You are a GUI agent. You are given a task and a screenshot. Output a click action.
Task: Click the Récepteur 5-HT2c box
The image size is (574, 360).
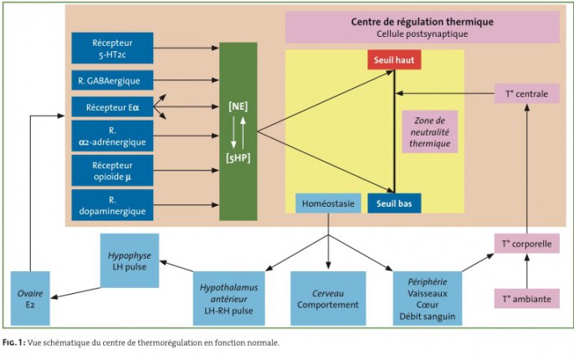[x=112, y=48]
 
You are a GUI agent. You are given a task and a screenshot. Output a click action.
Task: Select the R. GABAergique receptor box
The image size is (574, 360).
[x=112, y=80]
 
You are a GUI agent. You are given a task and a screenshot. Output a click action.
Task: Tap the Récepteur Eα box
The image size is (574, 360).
[x=112, y=107]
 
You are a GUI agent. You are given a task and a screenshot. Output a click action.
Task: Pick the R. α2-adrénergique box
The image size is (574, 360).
[x=112, y=136]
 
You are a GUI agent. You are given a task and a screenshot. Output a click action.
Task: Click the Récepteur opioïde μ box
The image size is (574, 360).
[x=112, y=171]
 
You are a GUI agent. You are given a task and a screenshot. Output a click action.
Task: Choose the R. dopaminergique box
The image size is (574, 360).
[x=112, y=205]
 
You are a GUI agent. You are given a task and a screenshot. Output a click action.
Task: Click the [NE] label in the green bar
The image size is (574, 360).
[x=238, y=106]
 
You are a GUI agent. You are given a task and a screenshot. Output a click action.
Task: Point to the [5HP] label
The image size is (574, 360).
[x=238, y=158]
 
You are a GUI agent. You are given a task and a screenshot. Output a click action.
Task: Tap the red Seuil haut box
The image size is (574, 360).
[x=394, y=59]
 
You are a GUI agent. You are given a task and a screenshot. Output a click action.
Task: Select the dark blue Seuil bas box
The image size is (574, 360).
[x=394, y=203]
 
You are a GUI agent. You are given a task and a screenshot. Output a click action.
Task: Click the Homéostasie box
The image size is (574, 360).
[x=328, y=203]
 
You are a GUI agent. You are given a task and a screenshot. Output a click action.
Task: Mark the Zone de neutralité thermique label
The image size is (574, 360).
[x=430, y=131]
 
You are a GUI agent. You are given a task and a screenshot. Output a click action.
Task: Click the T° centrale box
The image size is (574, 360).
[x=527, y=94]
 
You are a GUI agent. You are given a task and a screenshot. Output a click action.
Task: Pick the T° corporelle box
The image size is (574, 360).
[x=527, y=244]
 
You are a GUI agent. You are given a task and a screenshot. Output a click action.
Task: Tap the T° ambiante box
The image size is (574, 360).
[x=527, y=299]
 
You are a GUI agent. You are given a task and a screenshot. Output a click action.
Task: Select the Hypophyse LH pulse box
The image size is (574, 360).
[x=130, y=260]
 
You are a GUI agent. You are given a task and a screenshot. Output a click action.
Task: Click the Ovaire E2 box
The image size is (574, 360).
[x=30, y=299]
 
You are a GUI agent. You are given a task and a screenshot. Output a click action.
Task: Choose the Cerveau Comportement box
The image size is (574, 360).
[x=328, y=299]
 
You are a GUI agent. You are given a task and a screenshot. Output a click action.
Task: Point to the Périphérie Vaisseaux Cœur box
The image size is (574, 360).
[x=428, y=299]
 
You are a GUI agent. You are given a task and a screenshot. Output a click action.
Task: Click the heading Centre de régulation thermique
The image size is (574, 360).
[x=422, y=22]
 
